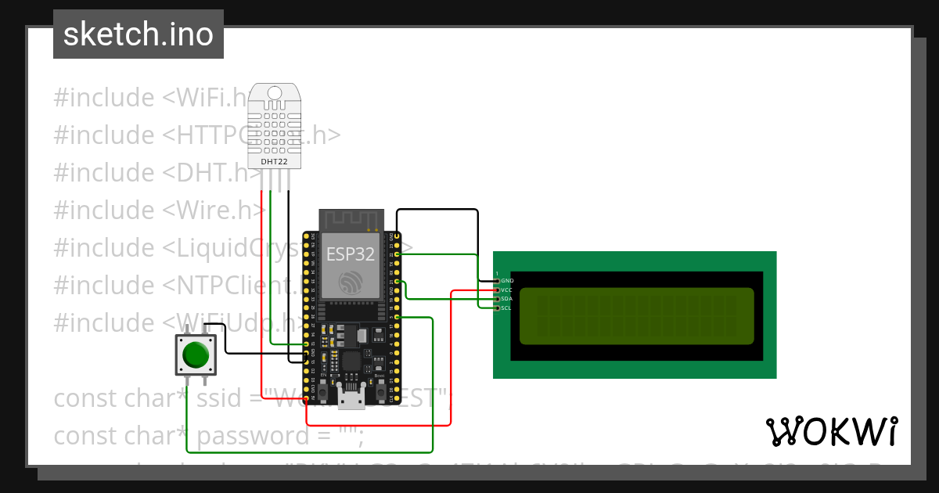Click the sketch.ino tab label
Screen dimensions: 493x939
(x=138, y=34)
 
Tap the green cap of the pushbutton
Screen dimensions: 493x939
(x=195, y=356)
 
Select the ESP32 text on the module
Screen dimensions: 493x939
(x=350, y=254)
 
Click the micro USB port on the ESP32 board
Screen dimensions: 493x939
(x=351, y=398)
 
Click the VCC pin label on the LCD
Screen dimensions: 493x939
(x=507, y=290)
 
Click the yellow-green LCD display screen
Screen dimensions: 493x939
(x=636, y=316)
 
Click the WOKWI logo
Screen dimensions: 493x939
(x=831, y=431)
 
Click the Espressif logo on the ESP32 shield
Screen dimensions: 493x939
(x=350, y=281)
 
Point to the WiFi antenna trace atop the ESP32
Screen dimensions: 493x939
(x=351, y=220)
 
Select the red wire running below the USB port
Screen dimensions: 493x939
(x=376, y=426)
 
